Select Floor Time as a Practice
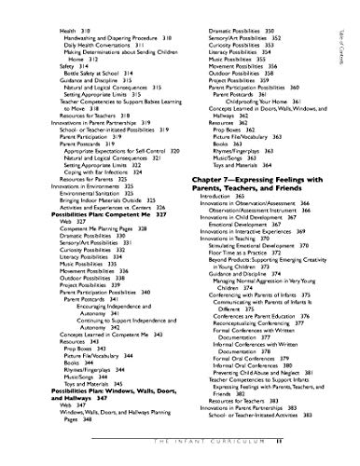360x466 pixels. click(240, 277)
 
